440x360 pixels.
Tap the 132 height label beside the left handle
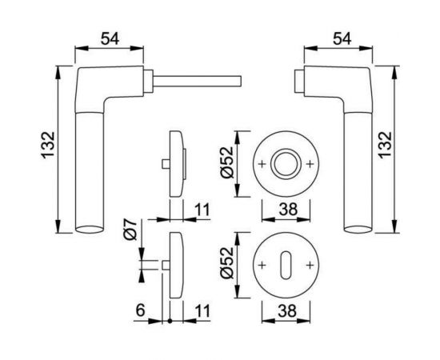[x=46, y=149]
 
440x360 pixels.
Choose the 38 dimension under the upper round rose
[x=286, y=210]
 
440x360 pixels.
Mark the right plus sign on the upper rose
[x=310, y=165]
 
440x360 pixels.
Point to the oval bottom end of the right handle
[x=356, y=230]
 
